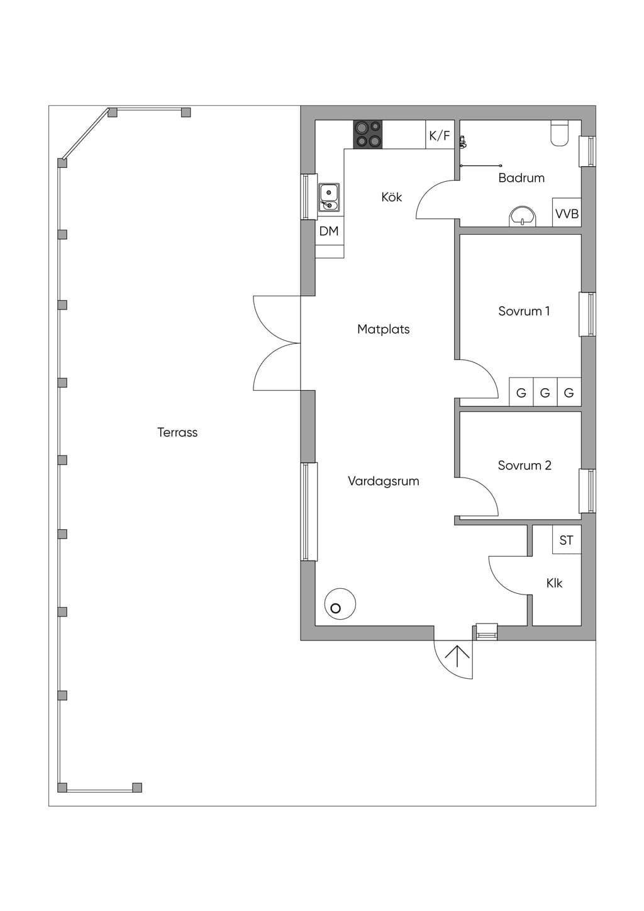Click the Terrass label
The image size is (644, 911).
coord(177,432)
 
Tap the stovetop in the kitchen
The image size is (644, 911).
coord(368,134)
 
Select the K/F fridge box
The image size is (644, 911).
coord(440,135)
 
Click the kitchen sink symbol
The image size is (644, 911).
coord(329,198)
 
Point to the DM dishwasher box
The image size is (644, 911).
coord(330,231)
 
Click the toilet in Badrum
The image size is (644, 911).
coord(560,133)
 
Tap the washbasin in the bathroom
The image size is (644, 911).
coord(523,216)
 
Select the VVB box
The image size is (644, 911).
coord(567,212)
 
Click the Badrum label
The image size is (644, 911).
coord(521,177)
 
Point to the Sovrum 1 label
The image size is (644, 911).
coord(524,311)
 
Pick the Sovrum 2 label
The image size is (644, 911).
coord(525,465)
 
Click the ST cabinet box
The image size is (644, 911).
coord(567,540)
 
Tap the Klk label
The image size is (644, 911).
coord(554,583)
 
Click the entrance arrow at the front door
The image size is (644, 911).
coord(457,662)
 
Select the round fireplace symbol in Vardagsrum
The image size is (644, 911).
coord(340,604)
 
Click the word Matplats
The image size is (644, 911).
coord(384,329)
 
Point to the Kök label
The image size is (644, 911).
coord(392,197)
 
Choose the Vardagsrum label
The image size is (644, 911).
coord(384,481)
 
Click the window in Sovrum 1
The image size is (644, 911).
coord(587,314)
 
